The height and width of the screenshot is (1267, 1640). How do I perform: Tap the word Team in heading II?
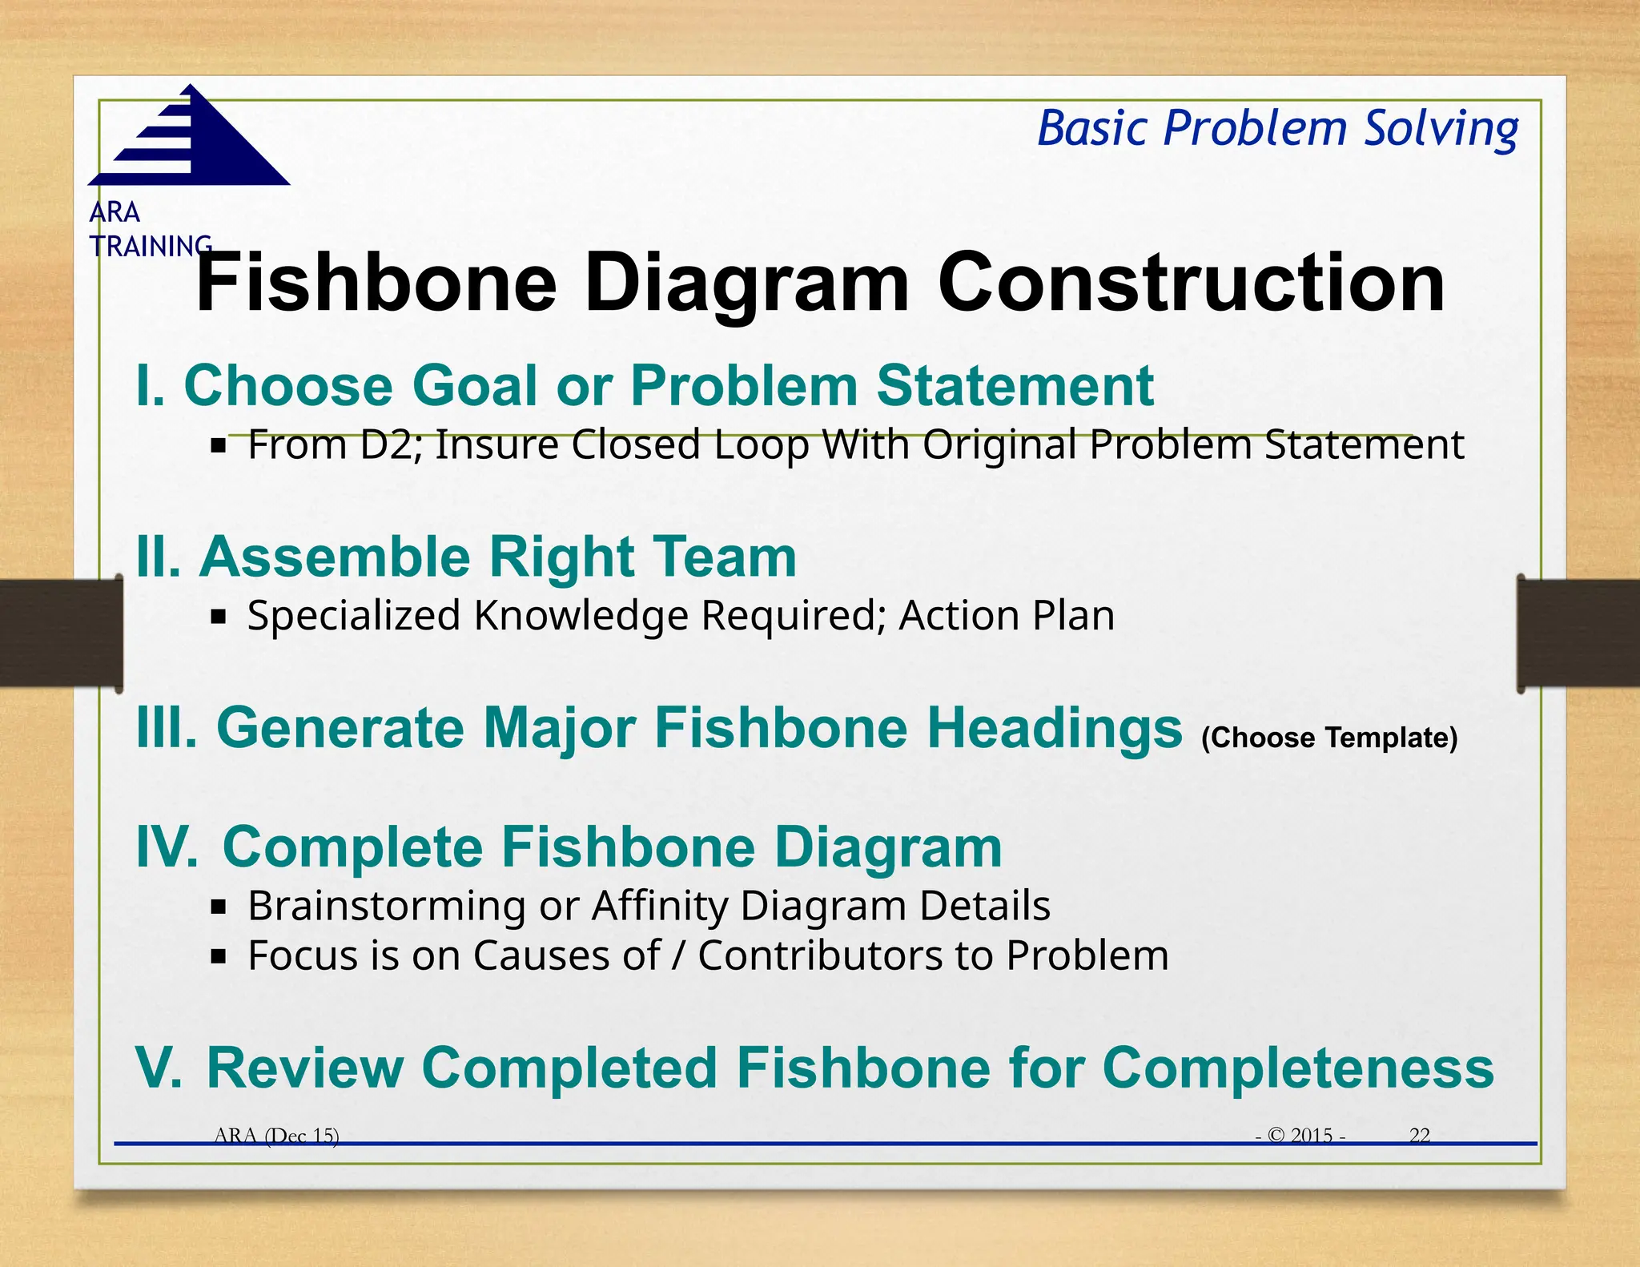724,557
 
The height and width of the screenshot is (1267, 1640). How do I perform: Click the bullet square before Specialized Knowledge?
219,617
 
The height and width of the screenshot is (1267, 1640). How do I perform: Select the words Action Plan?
1006,616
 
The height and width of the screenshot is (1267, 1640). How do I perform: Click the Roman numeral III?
167,728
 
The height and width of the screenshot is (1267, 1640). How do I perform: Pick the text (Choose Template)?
1328,738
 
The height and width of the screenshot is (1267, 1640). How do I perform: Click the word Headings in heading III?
1054,728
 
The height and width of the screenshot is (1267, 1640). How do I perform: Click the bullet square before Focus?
219,956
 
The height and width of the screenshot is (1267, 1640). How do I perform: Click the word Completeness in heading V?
1297,1068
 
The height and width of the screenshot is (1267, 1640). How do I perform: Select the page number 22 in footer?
1419,1135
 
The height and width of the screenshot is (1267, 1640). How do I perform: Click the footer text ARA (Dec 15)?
277,1135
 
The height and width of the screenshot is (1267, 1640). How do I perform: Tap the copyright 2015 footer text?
1302,1135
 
